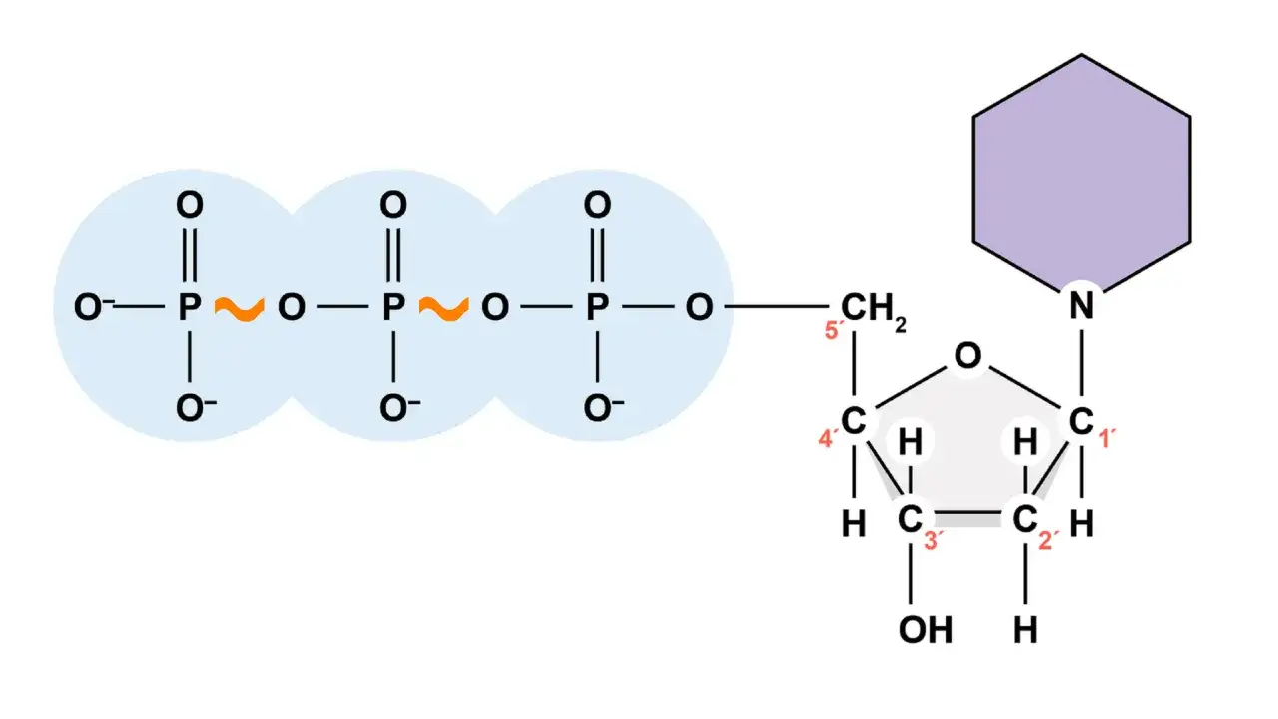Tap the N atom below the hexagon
tap(1081, 306)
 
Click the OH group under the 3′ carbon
tap(925, 630)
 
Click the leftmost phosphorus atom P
tap(189, 306)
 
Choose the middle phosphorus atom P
tap(393, 306)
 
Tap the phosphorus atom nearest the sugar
tap(596, 306)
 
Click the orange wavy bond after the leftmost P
tap(240, 308)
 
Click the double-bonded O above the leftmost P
tap(189, 206)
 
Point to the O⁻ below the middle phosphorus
tap(397, 407)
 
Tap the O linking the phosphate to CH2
tap(700, 306)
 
